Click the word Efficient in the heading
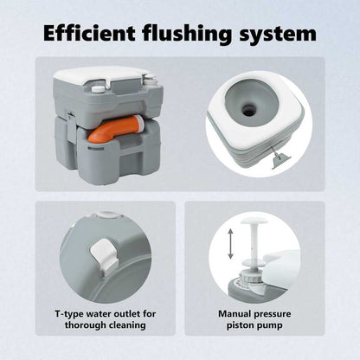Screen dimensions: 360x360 tap(89, 33)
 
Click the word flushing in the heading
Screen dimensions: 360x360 tap(187, 35)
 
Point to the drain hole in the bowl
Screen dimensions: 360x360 tap(248, 109)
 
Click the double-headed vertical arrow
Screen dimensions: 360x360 tap(230, 243)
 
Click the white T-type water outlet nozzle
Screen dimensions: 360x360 tap(104, 254)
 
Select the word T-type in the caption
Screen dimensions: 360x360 tap(69, 314)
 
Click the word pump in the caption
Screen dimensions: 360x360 tap(270, 326)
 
